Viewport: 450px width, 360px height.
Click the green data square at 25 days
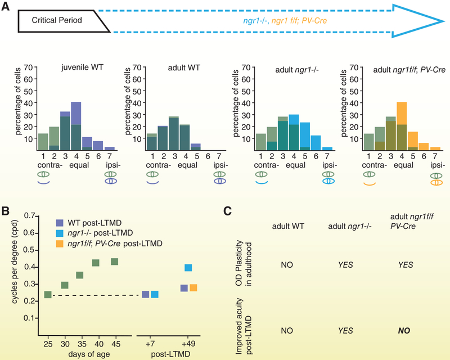(48, 294)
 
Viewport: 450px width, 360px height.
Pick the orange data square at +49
(193, 287)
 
